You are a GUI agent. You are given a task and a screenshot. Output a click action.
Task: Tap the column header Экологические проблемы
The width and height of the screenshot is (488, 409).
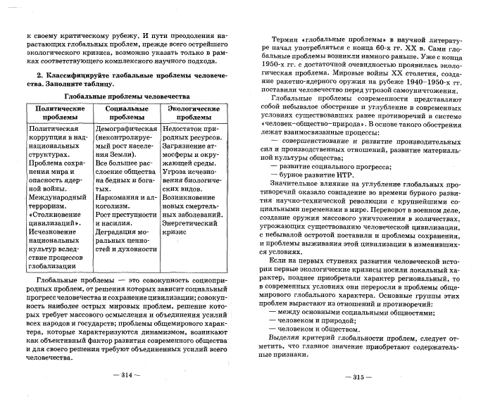(x=192, y=114)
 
